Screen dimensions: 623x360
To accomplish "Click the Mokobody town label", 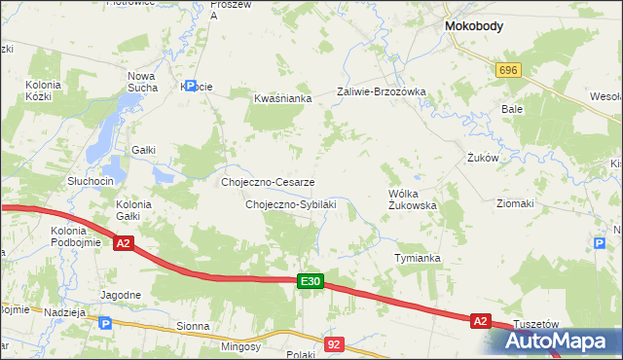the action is click(473, 27).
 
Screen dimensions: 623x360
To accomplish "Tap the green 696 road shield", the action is click(508, 71).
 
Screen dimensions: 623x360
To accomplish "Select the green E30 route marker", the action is click(310, 281).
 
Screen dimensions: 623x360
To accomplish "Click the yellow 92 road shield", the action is click(335, 343).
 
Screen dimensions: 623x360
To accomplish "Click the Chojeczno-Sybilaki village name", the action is click(290, 204).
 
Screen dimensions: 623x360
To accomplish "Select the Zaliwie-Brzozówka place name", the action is click(382, 91).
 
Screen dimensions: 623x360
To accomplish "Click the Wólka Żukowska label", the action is click(412, 199).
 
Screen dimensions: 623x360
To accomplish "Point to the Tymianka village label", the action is click(418, 258).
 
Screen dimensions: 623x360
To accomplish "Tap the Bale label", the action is click(512, 109).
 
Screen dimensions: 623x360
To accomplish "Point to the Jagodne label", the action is click(121, 294).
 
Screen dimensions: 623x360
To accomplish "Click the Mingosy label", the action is click(240, 346).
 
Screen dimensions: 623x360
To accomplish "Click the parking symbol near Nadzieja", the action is click(106, 324).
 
